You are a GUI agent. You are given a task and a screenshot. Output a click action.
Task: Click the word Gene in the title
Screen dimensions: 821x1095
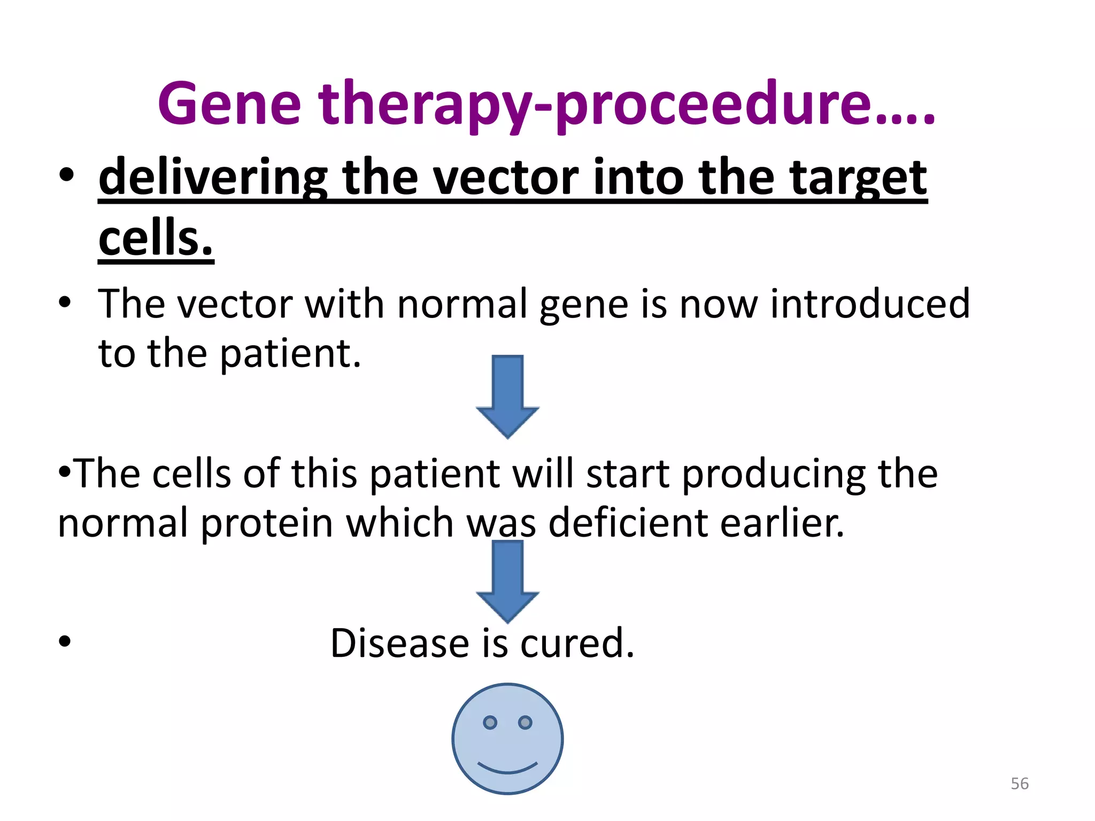tap(229, 104)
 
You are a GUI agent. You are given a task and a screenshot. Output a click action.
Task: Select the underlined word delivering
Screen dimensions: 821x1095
tap(213, 178)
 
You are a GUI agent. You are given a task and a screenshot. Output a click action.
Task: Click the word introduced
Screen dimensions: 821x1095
tap(870, 304)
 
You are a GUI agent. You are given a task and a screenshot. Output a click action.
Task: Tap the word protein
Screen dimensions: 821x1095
tap(267, 523)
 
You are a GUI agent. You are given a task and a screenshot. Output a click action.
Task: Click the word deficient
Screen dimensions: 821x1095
tap(628, 523)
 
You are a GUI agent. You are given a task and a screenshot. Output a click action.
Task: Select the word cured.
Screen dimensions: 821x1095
tap(577, 643)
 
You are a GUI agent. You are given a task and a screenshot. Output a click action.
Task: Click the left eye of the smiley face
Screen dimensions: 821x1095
tap(490, 723)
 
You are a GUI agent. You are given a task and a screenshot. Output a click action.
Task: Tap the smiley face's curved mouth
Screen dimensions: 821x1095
tap(507, 768)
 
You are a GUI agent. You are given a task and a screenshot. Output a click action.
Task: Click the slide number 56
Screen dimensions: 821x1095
tap(1020, 784)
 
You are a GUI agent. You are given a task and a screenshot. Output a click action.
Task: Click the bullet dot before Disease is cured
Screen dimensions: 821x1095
tap(65, 641)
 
